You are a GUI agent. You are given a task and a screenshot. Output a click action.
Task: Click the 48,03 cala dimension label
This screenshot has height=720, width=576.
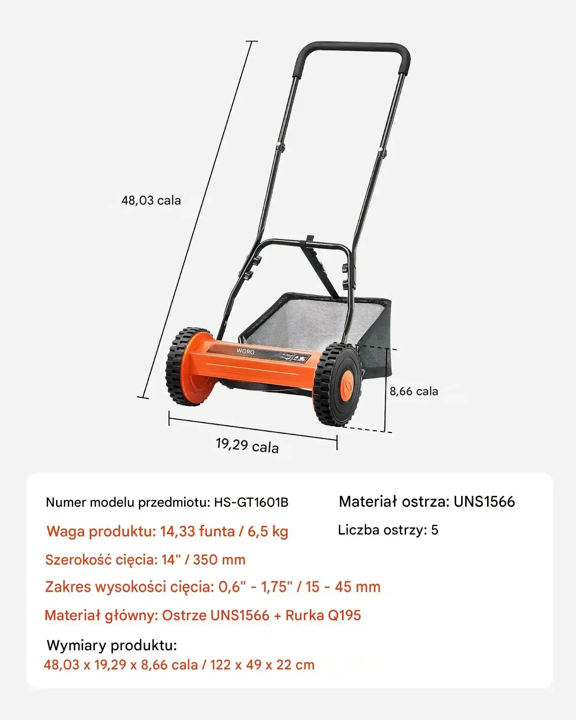point(151,201)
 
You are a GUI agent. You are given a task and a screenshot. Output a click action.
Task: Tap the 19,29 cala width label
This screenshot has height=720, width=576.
point(247,445)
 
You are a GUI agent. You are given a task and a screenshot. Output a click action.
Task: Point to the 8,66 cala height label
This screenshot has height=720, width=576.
point(414,391)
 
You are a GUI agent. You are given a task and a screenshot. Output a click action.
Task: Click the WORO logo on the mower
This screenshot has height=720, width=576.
point(245,351)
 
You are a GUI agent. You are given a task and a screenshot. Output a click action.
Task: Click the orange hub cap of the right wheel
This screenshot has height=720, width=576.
point(347,386)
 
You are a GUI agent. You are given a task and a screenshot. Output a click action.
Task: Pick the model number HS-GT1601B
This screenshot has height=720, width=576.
point(251,502)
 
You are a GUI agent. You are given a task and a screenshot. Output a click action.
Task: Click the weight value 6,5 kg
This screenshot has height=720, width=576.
point(268,531)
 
